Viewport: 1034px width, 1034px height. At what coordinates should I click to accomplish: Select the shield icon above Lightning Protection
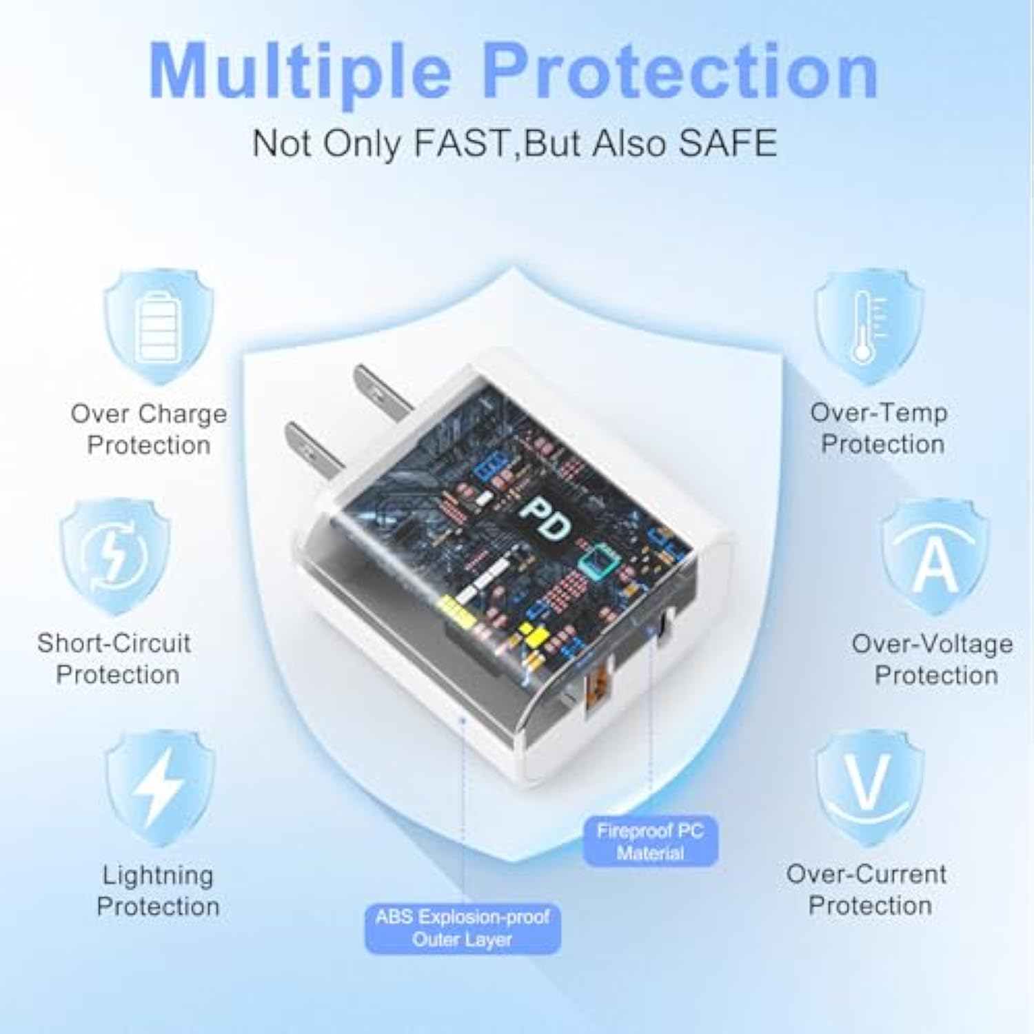click(x=159, y=787)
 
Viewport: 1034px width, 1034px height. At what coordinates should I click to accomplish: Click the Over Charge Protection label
click(x=149, y=429)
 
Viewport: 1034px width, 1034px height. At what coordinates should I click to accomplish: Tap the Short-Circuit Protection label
click(x=114, y=659)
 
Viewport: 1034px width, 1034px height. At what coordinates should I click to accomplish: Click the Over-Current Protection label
click(x=867, y=889)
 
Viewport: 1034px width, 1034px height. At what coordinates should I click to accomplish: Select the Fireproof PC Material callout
click(x=651, y=842)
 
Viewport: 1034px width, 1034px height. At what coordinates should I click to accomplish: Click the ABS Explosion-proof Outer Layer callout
click(x=463, y=928)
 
